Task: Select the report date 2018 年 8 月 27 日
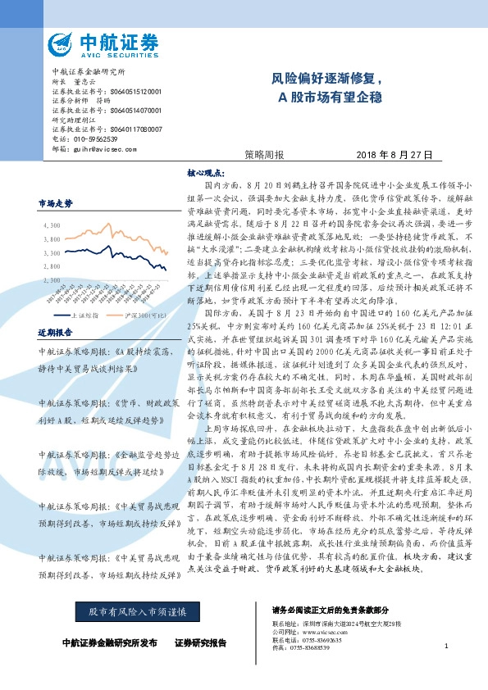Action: [394, 155]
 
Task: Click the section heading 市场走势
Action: [56, 202]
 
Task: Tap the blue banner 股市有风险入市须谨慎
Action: [132, 611]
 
